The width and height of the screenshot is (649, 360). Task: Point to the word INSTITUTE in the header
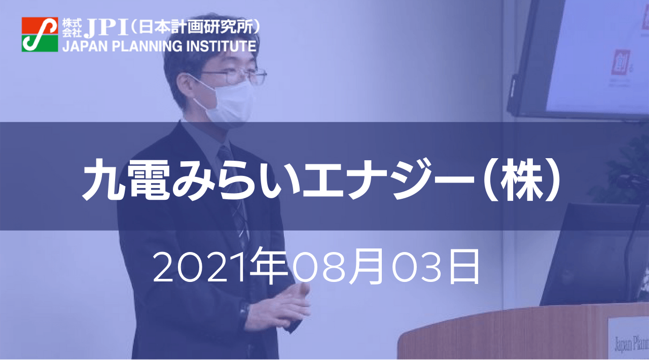tap(222, 46)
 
